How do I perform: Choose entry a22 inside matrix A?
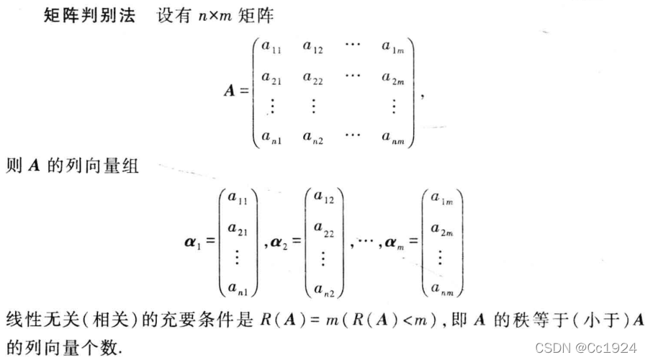pos(313,76)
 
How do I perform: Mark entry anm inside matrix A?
pos(393,135)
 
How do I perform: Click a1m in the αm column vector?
pos(441,199)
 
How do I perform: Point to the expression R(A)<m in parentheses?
pos(393,319)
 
